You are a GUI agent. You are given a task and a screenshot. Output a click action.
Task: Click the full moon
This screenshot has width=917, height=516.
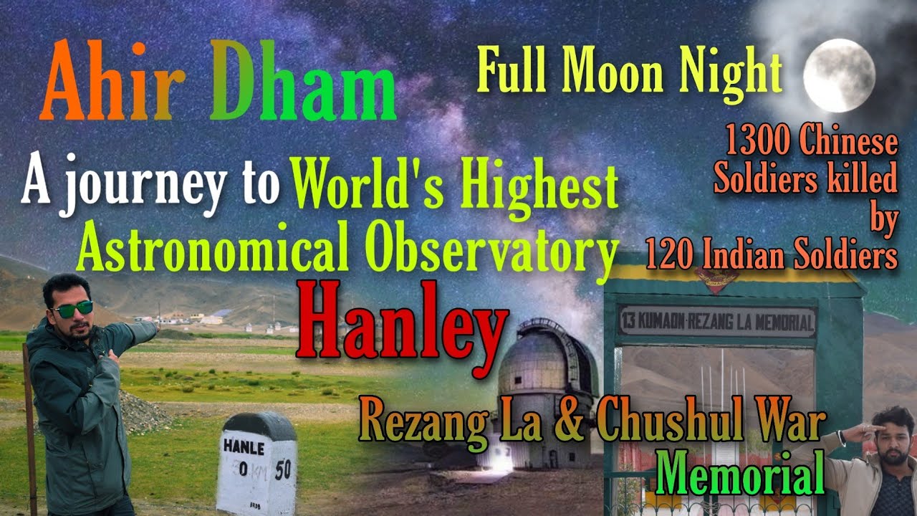coord(839,75)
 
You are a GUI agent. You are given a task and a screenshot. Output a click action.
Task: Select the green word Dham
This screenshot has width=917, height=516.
coord(302,85)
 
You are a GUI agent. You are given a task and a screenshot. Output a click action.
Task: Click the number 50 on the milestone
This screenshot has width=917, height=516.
coord(282,469)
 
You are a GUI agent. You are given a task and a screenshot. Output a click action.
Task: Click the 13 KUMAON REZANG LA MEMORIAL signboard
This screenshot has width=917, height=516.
coord(717,322)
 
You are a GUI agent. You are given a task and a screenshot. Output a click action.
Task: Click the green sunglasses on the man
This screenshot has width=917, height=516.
coord(72,309)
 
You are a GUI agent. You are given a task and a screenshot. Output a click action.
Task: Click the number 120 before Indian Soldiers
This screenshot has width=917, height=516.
coord(671,254)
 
